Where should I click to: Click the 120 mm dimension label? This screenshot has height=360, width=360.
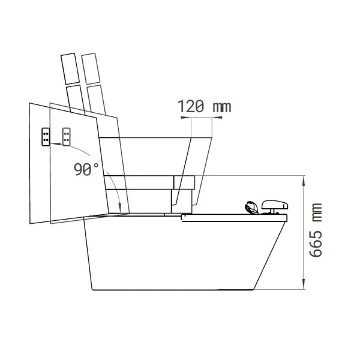point(205,107)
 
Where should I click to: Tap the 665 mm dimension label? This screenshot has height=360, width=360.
point(316,230)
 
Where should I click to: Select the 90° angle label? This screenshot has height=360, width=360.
point(86,169)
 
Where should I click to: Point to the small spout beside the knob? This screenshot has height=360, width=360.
point(251,208)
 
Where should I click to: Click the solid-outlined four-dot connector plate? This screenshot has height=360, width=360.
point(46,137)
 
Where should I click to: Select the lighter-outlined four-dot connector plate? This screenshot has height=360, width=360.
point(67,137)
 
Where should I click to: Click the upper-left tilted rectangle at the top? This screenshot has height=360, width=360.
point(70,68)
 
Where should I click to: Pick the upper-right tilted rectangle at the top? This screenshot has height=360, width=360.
point(91,68)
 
